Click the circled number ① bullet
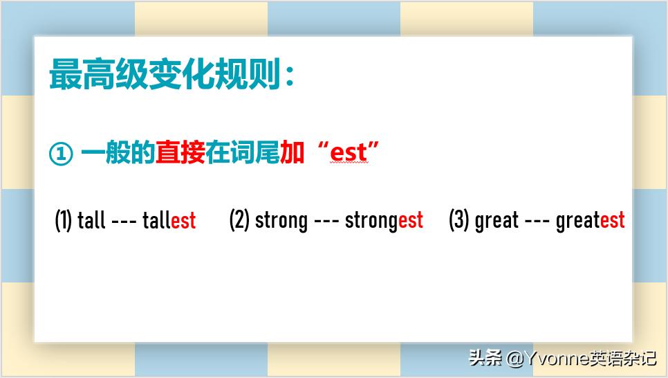[x=60, y=154]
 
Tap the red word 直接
[x=180, y=152]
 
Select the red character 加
[x=293, y=152]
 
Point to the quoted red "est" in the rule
[x=349, y=152]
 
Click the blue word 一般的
[x=118, y=152]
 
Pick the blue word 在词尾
[x=243, y=152]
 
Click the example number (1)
[x=63, y=221]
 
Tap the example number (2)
[x=239, y=220]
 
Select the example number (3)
[x=459, y=220]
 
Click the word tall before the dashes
[x=91, y=221]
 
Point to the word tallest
[x=169, y=221]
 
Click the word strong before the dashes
[x=281, y=221]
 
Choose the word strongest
[x=384, y=221]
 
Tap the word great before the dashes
[x=497, y=221]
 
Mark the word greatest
[x=590, y=221]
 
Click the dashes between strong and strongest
[x=326, y=222]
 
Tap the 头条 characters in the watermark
[x=485, y=357]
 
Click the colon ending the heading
[x=290, y=76]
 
